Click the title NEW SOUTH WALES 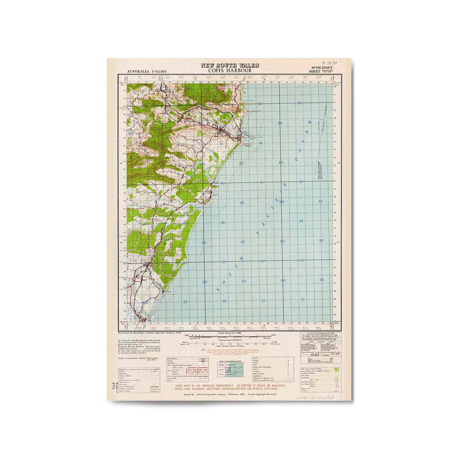pos(229,65)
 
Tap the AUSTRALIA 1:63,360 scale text pos(147,72)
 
